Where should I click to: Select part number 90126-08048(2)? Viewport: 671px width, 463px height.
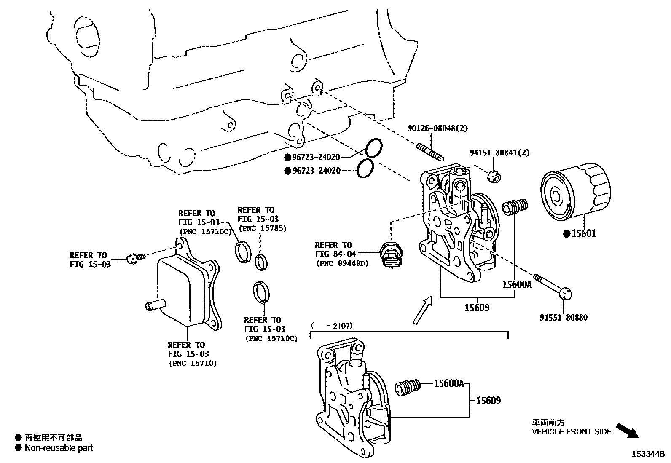[437, 128]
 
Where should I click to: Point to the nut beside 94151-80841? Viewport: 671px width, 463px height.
[494, 177]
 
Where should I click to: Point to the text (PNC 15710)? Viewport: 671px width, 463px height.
[193, 363]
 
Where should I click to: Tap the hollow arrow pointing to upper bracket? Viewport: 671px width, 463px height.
[423, 310]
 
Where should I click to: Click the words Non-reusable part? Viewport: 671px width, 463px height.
[59, 448]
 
